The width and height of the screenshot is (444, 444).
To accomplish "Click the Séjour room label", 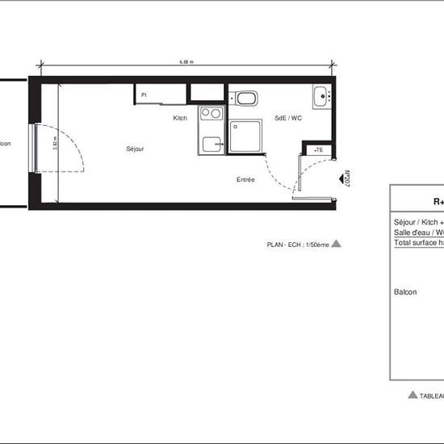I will [x=135, y=149].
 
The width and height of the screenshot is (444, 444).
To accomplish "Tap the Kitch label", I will [x=180, y=118].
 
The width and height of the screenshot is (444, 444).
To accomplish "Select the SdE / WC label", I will [x=288, y=118].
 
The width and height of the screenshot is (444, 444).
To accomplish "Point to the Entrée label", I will [x=245, y=179].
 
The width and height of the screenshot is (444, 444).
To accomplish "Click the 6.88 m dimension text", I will [x=186, y=61].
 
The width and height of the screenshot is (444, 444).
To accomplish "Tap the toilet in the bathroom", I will [x=246, y=99].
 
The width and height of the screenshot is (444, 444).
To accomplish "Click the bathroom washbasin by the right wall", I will [x=323, y=95].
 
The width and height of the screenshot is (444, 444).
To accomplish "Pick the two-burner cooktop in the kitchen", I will [x=210, y=114].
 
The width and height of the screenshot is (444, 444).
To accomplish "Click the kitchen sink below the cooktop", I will [x=212, y=144].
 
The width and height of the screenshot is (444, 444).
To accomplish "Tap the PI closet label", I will [x=144, y=94].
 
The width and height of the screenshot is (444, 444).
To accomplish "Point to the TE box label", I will [x=319, y=149].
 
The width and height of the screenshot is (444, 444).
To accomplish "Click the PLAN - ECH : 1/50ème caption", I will [x=298, y=243].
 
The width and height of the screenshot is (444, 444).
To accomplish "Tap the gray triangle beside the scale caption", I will [x=337, y=242].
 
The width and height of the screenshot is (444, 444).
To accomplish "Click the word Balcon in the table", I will [x=405, y=292].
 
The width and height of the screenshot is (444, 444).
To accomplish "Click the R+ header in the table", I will [x=438, y=202].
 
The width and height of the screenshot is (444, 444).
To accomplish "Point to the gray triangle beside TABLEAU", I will [x=413, y=395].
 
